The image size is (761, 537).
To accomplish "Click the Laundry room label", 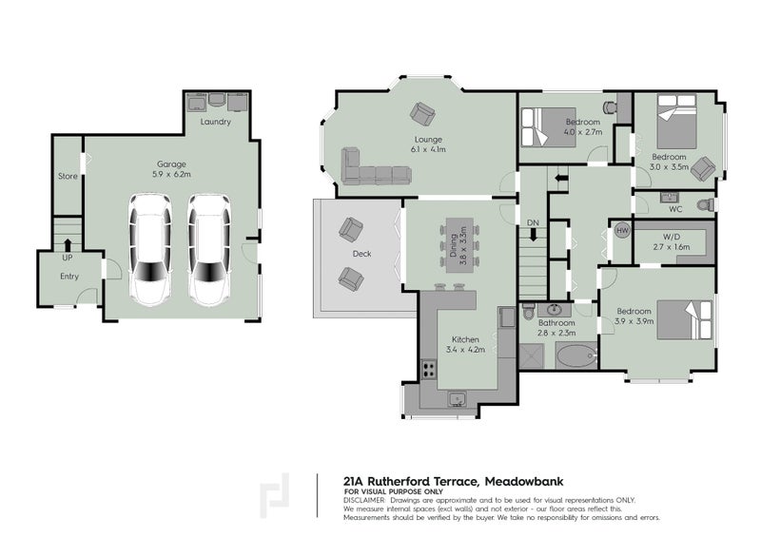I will [216, 123].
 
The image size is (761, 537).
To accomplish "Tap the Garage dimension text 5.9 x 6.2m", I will [171, 175].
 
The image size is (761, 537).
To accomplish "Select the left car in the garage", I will [149, 249].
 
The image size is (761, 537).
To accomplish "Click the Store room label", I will [67, 176].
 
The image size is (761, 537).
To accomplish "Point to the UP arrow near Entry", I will [67, 244].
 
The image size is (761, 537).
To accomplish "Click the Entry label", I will [68, 277].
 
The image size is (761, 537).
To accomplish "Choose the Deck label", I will [361, 254].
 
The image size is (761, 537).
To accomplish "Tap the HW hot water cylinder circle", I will [623, 231].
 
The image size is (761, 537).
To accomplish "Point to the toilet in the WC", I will [704, 204].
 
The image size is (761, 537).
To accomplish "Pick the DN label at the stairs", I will [533, 221].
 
